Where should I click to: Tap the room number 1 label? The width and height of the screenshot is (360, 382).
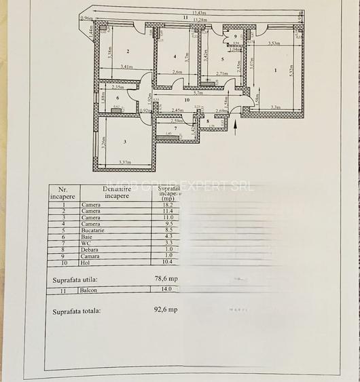tap(275, 69)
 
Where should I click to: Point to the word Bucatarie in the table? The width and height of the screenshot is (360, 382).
tap(95, 229)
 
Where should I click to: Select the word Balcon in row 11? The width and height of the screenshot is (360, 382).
tap(90, 290)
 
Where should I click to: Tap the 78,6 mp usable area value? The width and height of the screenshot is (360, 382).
tap(166, 278)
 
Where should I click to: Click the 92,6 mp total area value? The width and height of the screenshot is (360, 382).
tap(166, 310)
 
